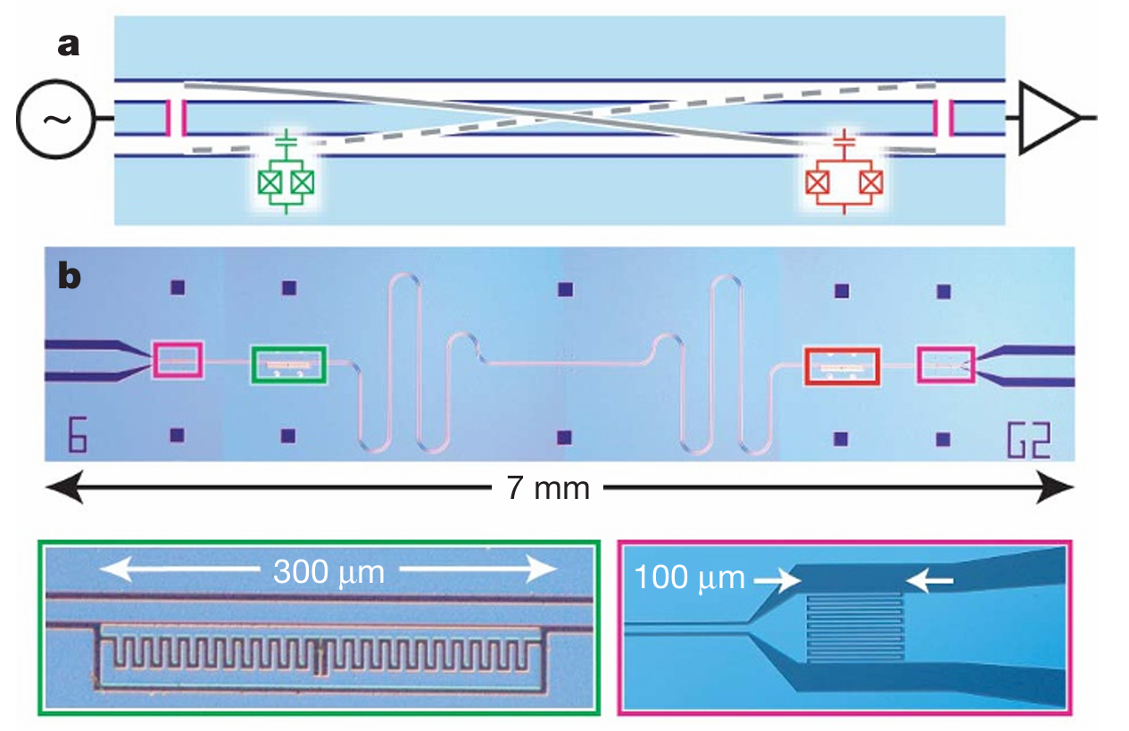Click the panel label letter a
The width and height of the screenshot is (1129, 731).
pos(69,44)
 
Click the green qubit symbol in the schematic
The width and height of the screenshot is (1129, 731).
pos(286,179)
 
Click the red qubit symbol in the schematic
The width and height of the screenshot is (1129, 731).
pos(843,179)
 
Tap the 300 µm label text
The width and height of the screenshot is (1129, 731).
pos(328,571)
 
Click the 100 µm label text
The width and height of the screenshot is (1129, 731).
pos(689,579)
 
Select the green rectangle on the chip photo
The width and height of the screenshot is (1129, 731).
pos(289,364)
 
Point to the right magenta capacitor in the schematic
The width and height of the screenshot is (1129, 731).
pos(943,118)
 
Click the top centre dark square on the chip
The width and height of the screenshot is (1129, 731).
pos(563,288)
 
